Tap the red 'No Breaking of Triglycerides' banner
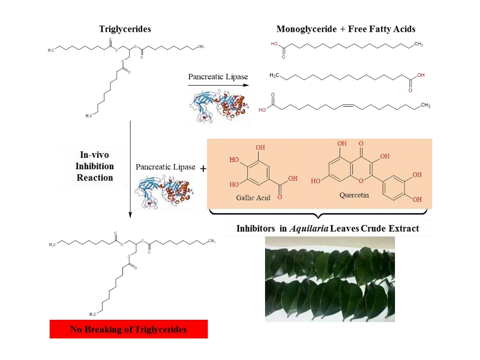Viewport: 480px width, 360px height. pyautogui.click(x=128, y=329)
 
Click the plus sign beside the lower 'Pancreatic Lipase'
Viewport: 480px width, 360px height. pyautogui.click(x=203, y=169)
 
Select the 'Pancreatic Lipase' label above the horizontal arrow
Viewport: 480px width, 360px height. pyautogui.click(x=218, y=77)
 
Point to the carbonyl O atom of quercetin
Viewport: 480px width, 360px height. pyautogui.click(x=359, y=143)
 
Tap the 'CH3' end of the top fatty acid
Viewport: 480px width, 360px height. pyautogui.click(x=418, y=44)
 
